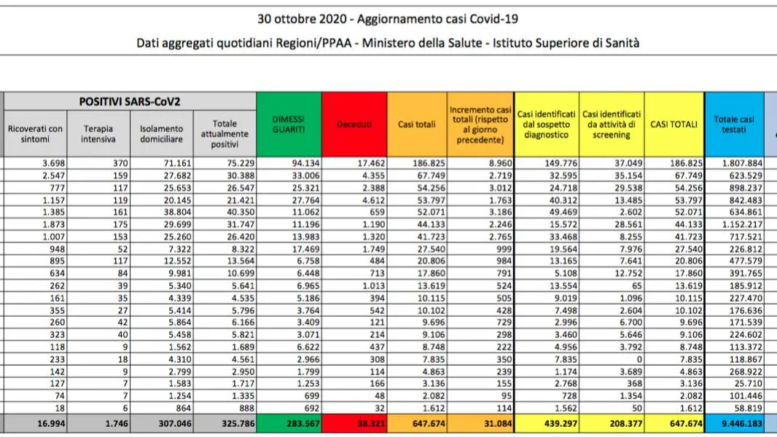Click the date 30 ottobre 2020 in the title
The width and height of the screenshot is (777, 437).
[x=301, y=20]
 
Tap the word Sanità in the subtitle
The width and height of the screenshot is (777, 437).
[x=621, y=43]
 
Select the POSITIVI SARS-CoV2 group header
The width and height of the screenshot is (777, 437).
[x=130, y=101]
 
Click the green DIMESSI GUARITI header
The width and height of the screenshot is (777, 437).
[x=289, y=125]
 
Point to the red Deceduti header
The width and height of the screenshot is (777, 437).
[x=354, y=125]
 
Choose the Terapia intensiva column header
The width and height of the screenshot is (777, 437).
[x=98, y=133]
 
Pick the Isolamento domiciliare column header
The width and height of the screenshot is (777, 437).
[x=162, y=133]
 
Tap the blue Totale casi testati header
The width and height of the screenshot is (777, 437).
[x=734, y=125]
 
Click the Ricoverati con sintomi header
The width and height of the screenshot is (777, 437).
[x=35, y=133]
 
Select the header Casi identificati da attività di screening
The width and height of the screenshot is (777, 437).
[x=612, y=125]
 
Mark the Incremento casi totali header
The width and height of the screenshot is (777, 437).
[x=480, y=125]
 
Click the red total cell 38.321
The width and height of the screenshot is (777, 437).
[x=354, y=424]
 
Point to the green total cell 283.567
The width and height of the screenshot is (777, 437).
[x=289, y=424]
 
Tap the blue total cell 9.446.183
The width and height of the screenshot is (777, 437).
[x=734, y=424]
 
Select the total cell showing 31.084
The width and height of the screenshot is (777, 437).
[x=480, y=424]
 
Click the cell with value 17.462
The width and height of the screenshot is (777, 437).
[x=354, y=163]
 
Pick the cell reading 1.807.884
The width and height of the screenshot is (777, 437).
[x=734, y=163]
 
